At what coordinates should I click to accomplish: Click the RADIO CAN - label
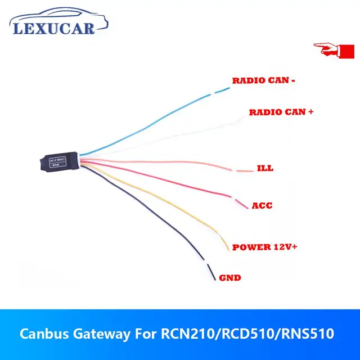(x=264, y=80)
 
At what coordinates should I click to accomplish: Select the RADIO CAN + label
(x=281, y=112)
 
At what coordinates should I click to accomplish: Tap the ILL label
(x=264, y=168)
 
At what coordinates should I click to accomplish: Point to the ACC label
(x=262, y=205)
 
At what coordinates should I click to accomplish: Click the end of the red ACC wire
(x=247, y=208)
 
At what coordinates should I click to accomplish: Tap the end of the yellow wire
(x=227, y=250)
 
